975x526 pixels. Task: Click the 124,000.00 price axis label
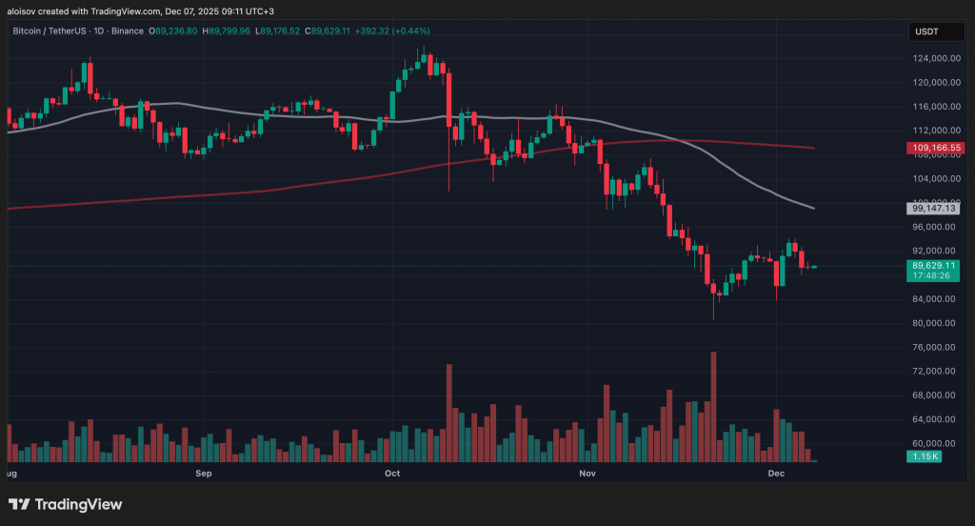933,58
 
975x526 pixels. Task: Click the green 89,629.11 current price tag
933,265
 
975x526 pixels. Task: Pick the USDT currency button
926,31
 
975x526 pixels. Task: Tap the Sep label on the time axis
203,473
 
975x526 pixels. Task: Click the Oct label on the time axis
391,473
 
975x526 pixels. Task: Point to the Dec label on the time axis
776,473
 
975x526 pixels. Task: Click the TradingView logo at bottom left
65,504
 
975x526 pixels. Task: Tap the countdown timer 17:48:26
933,275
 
